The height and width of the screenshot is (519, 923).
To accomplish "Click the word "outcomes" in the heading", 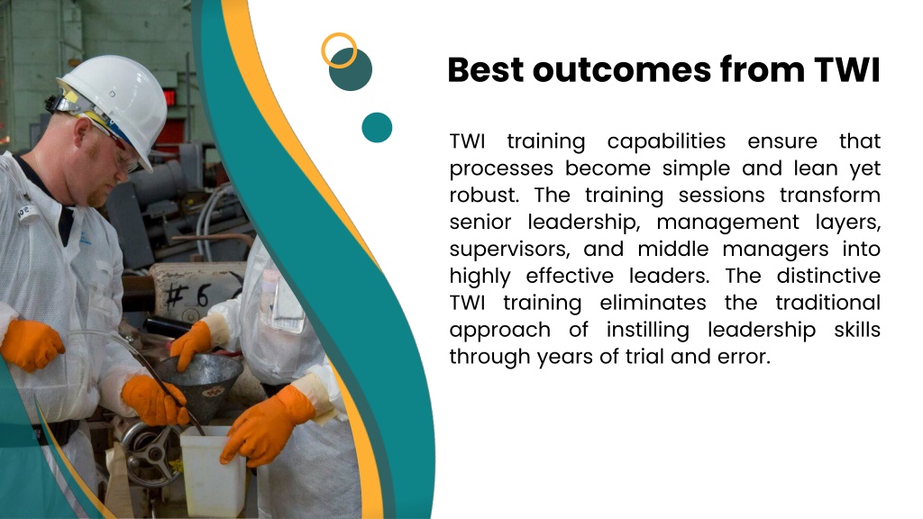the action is click(x=622, y=70).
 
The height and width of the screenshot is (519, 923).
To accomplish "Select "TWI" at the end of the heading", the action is click(x=847, y=70).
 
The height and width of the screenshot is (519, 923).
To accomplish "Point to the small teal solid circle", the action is click(x=377, y=127).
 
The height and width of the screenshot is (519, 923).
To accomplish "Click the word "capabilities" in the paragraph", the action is click(x=666, y=141).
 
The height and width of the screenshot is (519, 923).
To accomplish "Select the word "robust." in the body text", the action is click(x=484, y=195).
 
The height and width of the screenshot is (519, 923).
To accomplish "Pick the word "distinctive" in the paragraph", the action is click(x=828, y=276).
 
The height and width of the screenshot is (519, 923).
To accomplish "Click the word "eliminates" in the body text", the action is click(x=653, y=303).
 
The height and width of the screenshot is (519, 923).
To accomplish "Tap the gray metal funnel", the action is click(x=199, y=377).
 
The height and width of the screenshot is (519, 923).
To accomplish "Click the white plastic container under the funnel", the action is click(x=212, y=469).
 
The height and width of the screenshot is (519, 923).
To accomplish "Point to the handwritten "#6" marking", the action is click(x=187, y=296).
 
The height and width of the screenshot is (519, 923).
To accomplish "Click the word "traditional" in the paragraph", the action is click(x=827, y=303).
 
